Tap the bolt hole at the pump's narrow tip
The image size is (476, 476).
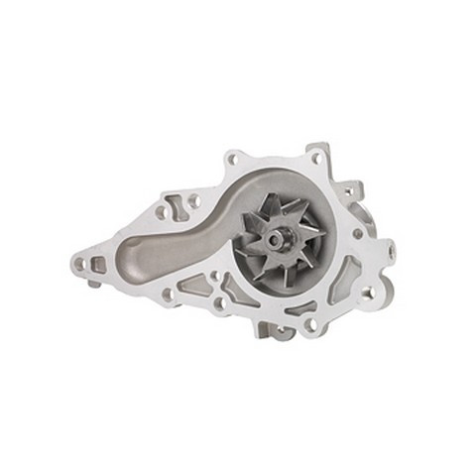coord(79,264)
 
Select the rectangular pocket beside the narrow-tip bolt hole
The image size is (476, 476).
coord(98,265)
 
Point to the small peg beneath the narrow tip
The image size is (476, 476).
coord(92,284)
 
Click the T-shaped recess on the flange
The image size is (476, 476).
coord(177,207)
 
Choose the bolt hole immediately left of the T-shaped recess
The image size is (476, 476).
coord(160,211)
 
